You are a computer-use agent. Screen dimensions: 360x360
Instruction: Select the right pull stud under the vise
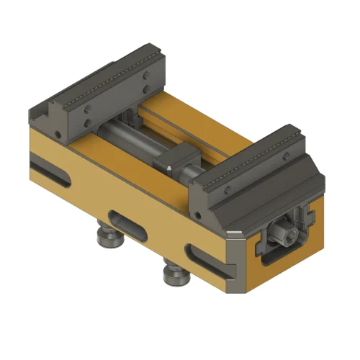click(172, 272)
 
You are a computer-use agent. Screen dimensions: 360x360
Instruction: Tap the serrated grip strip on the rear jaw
click(108, 79)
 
